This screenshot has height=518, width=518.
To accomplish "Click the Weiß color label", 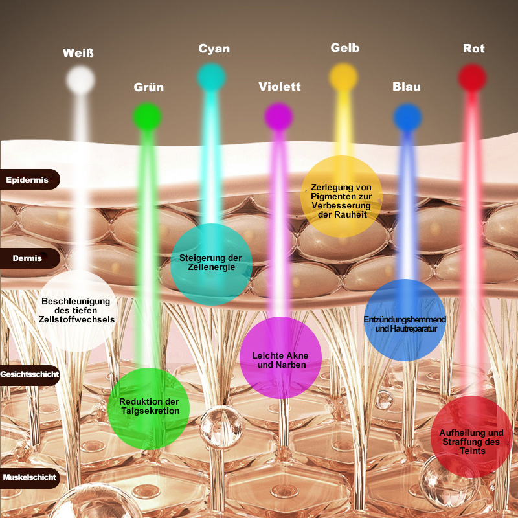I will tap(78, 52).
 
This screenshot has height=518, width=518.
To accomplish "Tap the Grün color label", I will tap(149, 87).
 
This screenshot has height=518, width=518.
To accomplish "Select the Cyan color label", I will tap(214, 49).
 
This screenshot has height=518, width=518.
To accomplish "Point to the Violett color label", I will tap(280, 87).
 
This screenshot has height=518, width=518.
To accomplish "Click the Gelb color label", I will tap(344, 48).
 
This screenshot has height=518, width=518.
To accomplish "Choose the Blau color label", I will tap(407, 87).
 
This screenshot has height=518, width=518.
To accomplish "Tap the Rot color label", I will tap(474, 49).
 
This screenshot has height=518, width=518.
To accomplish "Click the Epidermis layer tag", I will tap(28, 179).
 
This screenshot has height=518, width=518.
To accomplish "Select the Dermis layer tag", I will tap(28, 258).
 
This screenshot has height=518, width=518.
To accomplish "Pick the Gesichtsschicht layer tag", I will tap(29, 374).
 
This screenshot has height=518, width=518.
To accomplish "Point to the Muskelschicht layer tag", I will tap(29, 477).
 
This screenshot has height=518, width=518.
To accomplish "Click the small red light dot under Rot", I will tap(472, 78).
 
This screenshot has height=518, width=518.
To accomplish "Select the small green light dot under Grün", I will tap(147, 117).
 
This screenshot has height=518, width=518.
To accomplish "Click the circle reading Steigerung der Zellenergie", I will tap(211, 264).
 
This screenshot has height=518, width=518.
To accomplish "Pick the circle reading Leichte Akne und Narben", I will tap(280, 358).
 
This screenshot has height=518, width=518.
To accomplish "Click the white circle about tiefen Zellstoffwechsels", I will tap(78, 311).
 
